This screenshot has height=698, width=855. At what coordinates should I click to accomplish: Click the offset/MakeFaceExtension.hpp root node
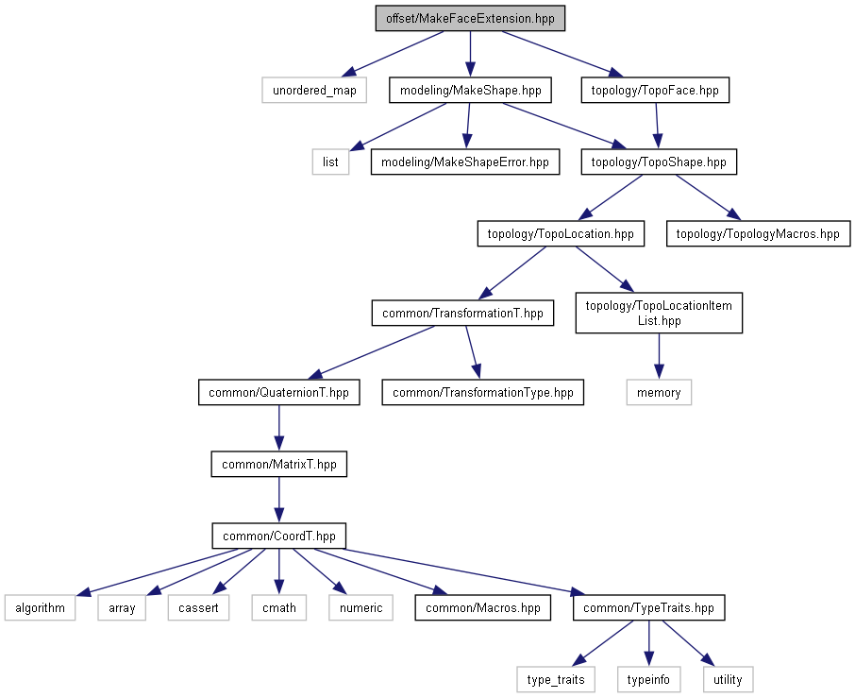pyautogui.click(x=470, y=19)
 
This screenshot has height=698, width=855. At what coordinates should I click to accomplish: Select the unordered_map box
pyautogui.click(x=314, y=90)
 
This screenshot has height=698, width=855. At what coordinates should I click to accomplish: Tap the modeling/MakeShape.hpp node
pyautogui.click(x=470, y=90)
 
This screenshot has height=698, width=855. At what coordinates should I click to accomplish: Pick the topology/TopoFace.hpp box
pyautogui.click(x=655, y=90)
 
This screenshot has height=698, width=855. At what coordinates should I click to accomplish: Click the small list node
pyautogui.click(x=330, y=162)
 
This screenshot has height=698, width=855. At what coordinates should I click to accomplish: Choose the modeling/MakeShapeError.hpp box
pyautogui.click(x=465, y=162)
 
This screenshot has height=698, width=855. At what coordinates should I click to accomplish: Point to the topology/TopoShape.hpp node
pyautogui.click(x=659, y=162)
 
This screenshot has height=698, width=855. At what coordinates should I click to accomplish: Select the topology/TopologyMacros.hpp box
pyautogui.click(x=758, y=233)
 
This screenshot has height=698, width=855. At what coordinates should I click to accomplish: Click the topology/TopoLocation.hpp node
pyautogui.click(x=561, y=233)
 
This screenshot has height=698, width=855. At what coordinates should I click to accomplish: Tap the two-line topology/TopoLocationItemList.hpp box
pyautogui.click(x=659, y=314)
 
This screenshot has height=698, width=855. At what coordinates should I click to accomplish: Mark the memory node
pyautogui.click(x=659, y=392)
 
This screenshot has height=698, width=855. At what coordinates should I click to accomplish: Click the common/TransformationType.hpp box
pyautogui.click(x=482, y=392)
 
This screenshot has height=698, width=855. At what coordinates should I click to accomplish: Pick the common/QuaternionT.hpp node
pyautogui.click(x=278, y=392)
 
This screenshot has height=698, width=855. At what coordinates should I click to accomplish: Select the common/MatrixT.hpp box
pyautogui.click(x=278, y=464)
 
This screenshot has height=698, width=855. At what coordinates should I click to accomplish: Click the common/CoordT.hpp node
pyautogui.click(x=278, y=536)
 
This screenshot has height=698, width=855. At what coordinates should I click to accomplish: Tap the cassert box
pyautogui.click(x=198, y=607)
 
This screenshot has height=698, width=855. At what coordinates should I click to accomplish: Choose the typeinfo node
pyautogui.click(x=648, y=679)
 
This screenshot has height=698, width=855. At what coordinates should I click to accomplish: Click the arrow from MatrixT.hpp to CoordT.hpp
pyautogui.click(x=278, y=500)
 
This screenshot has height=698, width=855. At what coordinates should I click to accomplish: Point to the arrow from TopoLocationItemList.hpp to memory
pyautogui.click(x=659, y=356)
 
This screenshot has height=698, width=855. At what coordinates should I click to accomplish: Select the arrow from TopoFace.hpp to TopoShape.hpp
pyautogui.click(x=657, y=126)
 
